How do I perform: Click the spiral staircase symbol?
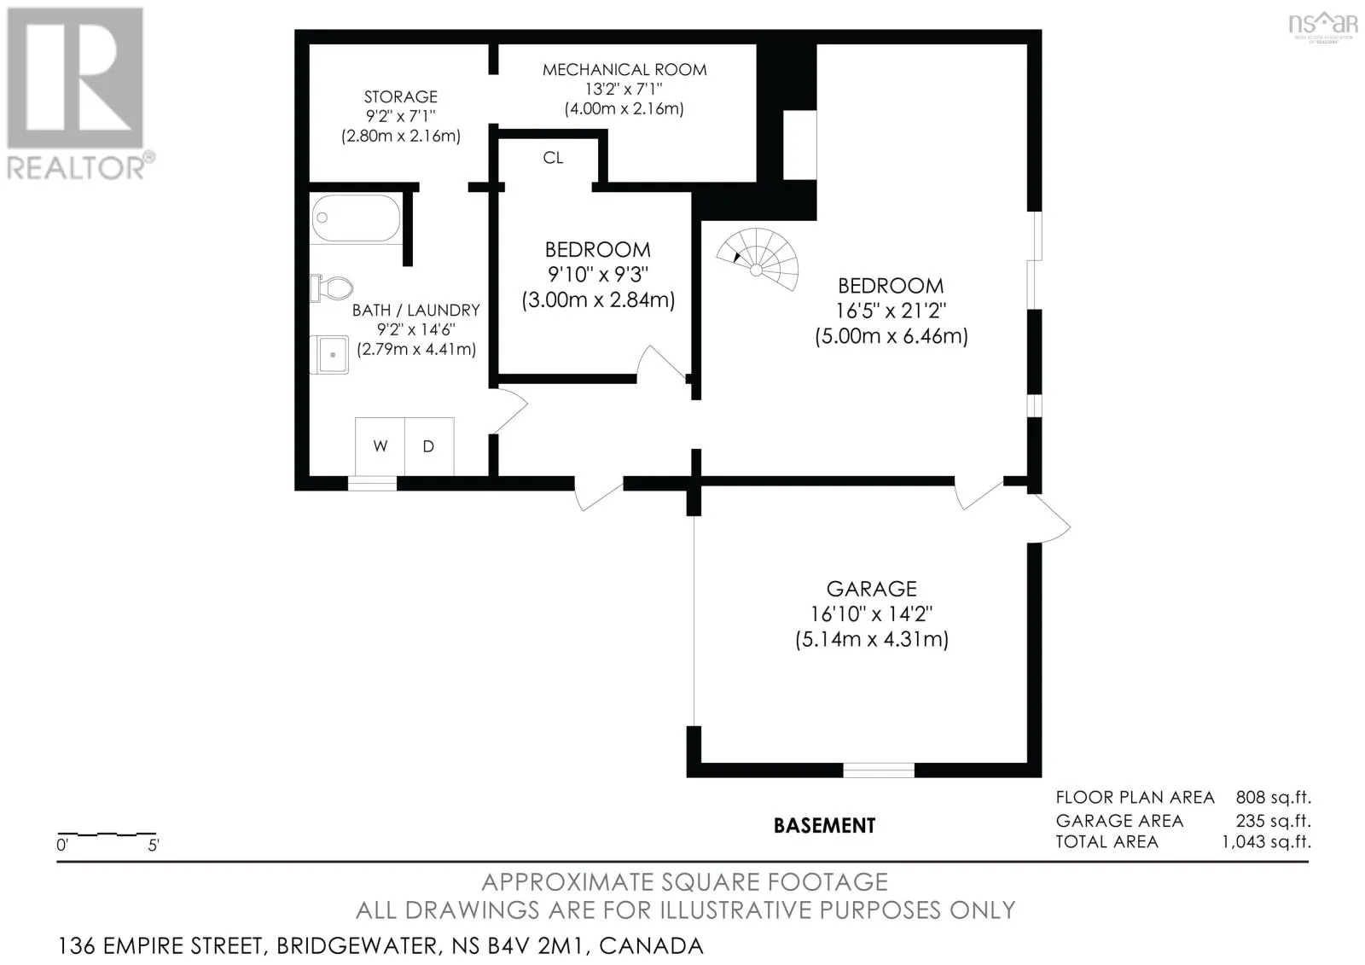pyautogui.click(x=758, y=260)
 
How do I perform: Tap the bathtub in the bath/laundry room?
pyautogui.click(x=356, y=218)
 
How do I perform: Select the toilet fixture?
pyautogui.click(x=331, y=288)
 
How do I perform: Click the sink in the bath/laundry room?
pyautogui.click(x=329, y=354)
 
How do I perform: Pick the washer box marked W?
pyautogui.click(x=380, y=446)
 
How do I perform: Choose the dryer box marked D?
pyautogui.click(x=429, y=446)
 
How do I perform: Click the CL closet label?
pyautogui.click(x=553, y=158)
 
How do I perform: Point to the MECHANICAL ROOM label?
pyautogui.click(x=624, y=69)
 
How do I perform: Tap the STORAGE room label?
pyautogui.click(x=401, y=96)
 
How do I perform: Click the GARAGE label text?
pyautogui.click(x=871, y=588)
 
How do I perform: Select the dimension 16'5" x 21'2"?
pyautogui.click(x=891, y=311)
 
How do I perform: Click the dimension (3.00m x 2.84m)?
pyautogui.click(x=598, y=300)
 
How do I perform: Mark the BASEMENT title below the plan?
pyautogui.click(x=824, y=825)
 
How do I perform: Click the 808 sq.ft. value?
pyautogui.click(x=1274, y=798)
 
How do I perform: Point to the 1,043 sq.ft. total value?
pyautogui.click(x=1267, y=842)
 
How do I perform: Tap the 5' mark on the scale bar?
pyautogui.click(x=154, y=845)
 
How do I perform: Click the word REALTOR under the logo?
pyautogui.click(x=76, y=167)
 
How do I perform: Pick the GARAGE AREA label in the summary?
pyautogui.click(x=1119, y=821)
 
